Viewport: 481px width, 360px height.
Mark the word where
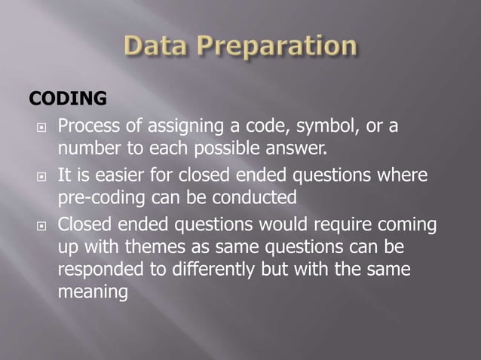pos(400,175)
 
